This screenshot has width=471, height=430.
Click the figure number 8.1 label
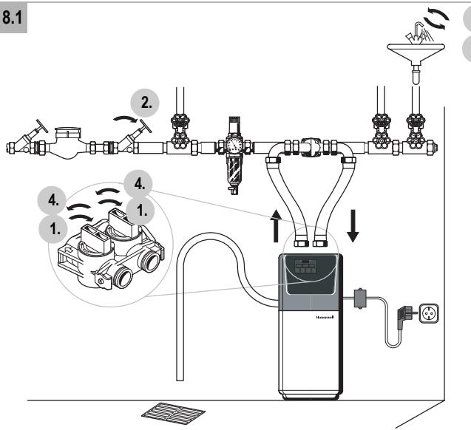pyautogui.click(x=13, y=18)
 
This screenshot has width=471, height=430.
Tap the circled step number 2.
pyautogui.click(x=145, y=103)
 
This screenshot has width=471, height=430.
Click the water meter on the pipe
pyautogui.click(x=68, y=143)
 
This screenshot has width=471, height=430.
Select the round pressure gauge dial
pyautogui.click(x=233, y=145)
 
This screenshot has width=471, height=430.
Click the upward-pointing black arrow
pyautogui.click(x=276, y=225)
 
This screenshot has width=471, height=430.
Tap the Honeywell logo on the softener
pyautogui.click(x=325, y=317)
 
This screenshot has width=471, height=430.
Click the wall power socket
pyautogui.click(x=429, y=313)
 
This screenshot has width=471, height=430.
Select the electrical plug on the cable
pyautogui.click(x=404, y=316)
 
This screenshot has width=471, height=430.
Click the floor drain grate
pyautogui.click(x=173, y=414)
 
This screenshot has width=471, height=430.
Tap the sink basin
pyautogui.click(x=416, y=51)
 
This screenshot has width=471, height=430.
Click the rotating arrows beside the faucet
pyautogui.click(x=436, y=18)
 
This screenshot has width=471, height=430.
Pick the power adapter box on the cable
pyautogui.click(x=359, y=298)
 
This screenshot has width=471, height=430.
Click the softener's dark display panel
pyautogui.click(x=310, y=273)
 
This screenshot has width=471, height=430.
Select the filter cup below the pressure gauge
pyautogui.click(x=233, y=171)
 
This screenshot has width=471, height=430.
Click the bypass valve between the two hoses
pyautogui.click(x=311, y=147)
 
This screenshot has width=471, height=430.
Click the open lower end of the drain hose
pyautogui.click(x=180, y=379)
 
